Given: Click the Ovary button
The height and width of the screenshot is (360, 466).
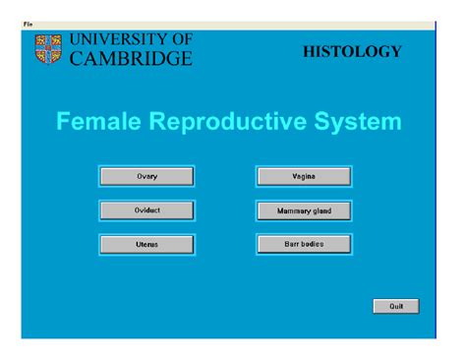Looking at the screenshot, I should coord(146,177).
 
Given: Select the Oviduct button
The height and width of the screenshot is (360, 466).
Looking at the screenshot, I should coord(146,210).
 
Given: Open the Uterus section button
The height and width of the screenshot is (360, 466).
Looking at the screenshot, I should coord(146,244).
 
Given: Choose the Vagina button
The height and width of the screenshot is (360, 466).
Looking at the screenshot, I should coord(304,177).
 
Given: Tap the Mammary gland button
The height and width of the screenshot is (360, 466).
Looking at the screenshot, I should coord(304,210).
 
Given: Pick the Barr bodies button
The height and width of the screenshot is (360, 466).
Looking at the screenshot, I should coord(304,243).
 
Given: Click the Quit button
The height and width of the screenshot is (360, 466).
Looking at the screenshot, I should coord(396,306).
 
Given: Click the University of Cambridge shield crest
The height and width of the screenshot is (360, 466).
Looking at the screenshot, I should coord(48,50).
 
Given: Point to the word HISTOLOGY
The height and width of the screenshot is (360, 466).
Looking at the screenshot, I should coord(353,51).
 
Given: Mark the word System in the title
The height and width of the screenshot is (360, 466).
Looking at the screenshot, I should coord(358,122).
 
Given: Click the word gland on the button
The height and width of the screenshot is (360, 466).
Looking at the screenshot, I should coord(324,210).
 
